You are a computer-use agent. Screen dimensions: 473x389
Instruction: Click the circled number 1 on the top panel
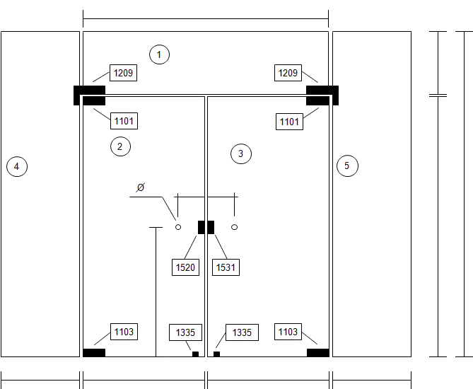pos(159,54)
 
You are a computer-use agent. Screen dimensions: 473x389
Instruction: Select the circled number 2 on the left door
pos(120,146)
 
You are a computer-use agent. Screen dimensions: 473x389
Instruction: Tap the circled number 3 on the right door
pos(240,154)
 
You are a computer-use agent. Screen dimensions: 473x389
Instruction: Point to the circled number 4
pos(17,166)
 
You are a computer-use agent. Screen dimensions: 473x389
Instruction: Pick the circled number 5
pos(347,166)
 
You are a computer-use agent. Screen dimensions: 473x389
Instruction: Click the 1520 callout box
pos(185,267)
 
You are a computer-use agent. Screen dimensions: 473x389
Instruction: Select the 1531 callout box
pos(226,267)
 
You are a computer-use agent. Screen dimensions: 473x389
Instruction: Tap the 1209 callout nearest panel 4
pos(123,73)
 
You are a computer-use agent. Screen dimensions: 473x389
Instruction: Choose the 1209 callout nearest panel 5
pos(288,73)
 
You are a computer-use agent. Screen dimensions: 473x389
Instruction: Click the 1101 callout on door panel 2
pos(124,121)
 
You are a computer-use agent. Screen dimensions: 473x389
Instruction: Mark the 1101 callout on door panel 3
pos(289,122)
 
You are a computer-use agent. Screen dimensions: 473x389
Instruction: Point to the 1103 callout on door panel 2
pos(124,332)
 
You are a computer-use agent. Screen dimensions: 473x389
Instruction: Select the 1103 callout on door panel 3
pos(288,332)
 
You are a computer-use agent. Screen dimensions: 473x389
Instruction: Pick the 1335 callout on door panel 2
pos(185,332)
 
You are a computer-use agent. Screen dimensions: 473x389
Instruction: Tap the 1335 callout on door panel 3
pos(242,332)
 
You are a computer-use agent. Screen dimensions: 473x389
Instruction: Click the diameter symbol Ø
pos(141,187)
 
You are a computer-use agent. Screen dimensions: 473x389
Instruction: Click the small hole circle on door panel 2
pos(178,227)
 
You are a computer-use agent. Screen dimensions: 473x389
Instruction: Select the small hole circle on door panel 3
pos(235,227)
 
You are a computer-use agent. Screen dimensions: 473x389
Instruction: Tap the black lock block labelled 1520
pos(202,227)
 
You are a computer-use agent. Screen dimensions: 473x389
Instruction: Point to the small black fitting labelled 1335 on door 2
pos(195,354)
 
